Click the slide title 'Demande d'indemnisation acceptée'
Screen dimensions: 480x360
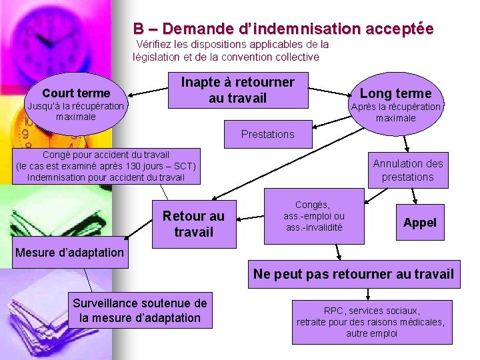(283, 29)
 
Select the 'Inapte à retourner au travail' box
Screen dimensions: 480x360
(238, 90)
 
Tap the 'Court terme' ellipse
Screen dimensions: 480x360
(75, 100)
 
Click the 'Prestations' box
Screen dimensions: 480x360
(267, 134)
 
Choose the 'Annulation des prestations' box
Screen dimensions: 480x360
(407, 170)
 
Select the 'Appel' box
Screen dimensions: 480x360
(420, 223)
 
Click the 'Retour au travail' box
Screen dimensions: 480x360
(193, 224)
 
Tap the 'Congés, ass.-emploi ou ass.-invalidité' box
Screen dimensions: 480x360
(314, 216)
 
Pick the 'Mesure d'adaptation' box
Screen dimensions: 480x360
(69, 252)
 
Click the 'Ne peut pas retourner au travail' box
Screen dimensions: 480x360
(353, 274)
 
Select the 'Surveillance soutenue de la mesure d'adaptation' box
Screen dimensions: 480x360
(140, 310)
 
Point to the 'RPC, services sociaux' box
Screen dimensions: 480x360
(371, 322)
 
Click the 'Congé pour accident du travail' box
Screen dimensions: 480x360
(106, 166)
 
